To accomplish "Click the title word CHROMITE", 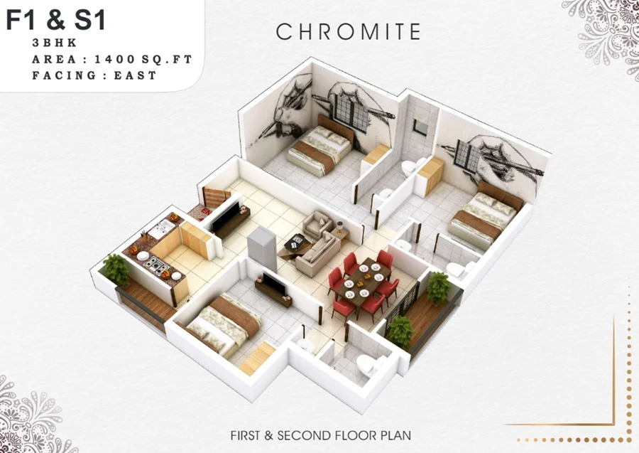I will point(348,32).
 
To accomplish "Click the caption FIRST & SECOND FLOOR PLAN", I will point(320,434).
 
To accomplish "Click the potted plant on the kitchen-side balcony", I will point(116,267).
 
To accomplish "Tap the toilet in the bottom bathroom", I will point(367,365).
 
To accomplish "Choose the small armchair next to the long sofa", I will point(315,225).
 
